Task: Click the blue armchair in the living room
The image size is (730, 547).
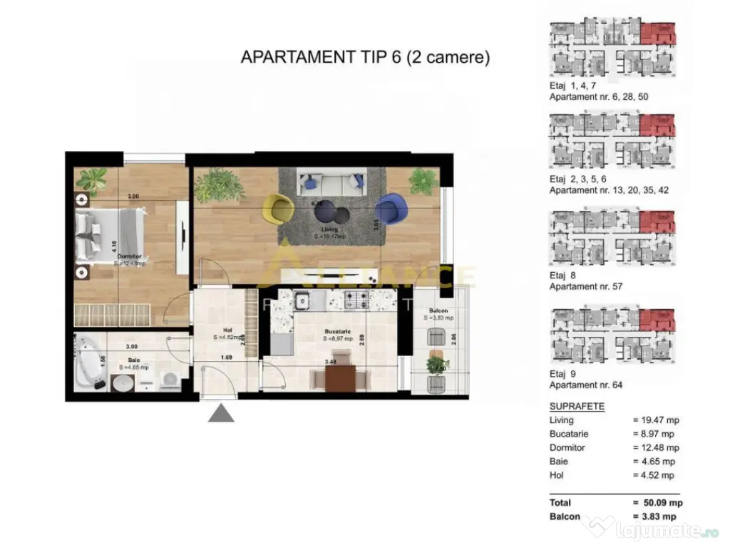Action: (x=389, y=209)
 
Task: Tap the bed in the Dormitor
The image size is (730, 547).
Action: (x=110, y=235)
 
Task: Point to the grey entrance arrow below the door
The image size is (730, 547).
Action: (x=221, y=412)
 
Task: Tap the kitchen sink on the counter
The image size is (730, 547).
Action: (x=302, y=301)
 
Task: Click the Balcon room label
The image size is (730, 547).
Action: (x=440, y=311)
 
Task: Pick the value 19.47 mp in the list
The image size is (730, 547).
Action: (x=654, y=420)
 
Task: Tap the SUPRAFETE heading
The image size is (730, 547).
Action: (x=577, y=407)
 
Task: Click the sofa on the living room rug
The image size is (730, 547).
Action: (x=331, y=181)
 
